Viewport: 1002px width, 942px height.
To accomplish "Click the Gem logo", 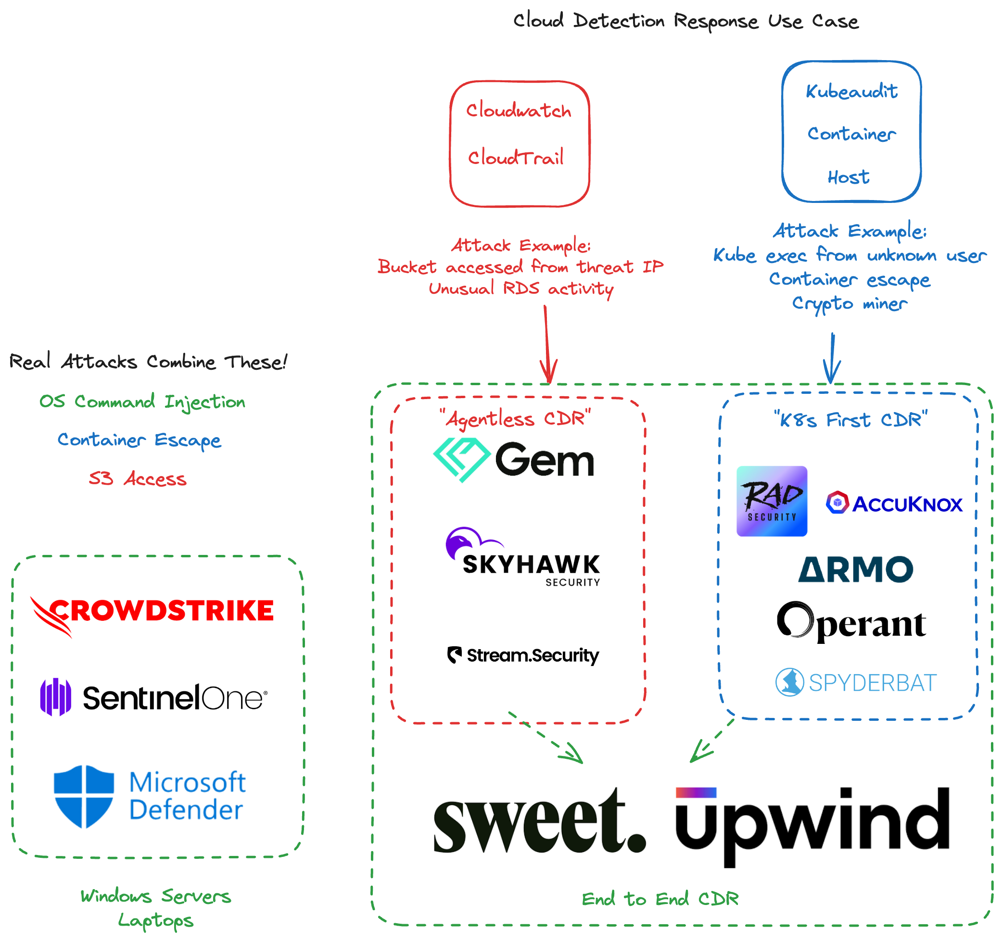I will [514, 459].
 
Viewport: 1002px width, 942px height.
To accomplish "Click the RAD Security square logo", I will [772, 501].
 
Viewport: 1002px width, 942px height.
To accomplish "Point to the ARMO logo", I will [855, 570].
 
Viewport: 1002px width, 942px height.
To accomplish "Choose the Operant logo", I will [851, 622].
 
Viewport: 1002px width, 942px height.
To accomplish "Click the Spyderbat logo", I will [855, 682].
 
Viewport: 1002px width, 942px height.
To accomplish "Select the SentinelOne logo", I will [154, 698].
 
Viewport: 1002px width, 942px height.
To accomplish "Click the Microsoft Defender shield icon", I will [84, 796].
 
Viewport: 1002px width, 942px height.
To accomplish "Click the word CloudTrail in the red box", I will [516, 158].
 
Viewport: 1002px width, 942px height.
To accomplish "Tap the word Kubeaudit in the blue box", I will [851, 91].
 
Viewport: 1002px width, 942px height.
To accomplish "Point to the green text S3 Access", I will [138, 478].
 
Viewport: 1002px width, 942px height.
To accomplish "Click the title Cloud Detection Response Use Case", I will [685, 21].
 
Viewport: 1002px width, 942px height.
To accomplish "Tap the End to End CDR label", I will [660, 899].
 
